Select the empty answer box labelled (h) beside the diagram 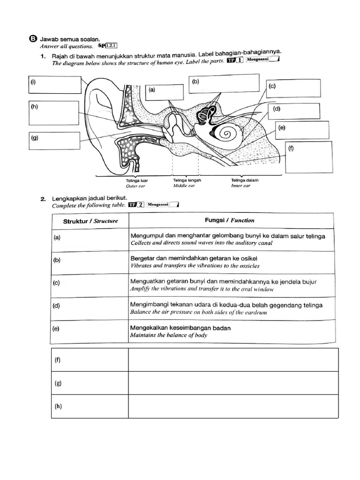(x=53, y=113)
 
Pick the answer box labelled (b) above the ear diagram (x=224, y=84)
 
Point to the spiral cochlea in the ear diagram (x=227, y=134)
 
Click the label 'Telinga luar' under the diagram (x=135, y=180)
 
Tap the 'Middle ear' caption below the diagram (x=183, y=186)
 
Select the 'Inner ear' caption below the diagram (x=241, y=186)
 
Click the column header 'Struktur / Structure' (x=90, y=220)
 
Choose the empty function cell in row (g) (x=233, y=383)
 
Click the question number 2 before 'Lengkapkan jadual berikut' (x=43, y=199)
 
